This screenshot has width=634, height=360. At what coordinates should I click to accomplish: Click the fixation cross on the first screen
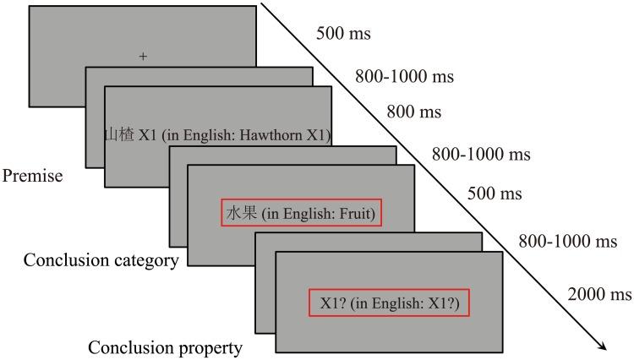(x=143, y=57)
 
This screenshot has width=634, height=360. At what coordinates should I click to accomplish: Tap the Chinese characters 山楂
(x=118, y=134)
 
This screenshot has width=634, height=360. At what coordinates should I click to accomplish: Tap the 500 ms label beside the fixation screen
(x=343, y=35)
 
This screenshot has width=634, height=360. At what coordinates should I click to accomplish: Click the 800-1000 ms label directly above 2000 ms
(x=568, y=243)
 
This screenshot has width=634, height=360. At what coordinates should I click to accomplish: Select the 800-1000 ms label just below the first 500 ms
(x=404, y=77)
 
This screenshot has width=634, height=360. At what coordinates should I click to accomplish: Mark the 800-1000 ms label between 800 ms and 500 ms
(x=481, y=155)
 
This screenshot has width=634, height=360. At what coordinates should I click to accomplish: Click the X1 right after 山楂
(x=148, y=134)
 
